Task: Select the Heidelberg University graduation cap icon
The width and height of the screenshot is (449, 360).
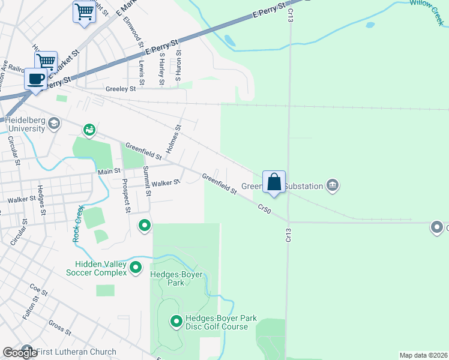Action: click(54, 124)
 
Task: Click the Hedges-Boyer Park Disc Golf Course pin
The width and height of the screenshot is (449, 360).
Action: click(176, 322)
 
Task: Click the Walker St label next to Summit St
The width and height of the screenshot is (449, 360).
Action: click(166, 183)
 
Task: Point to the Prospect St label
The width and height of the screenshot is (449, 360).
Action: click(126, 196)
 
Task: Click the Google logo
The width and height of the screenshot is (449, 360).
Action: click(20, 353)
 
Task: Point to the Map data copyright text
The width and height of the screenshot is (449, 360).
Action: click(423, 355)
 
